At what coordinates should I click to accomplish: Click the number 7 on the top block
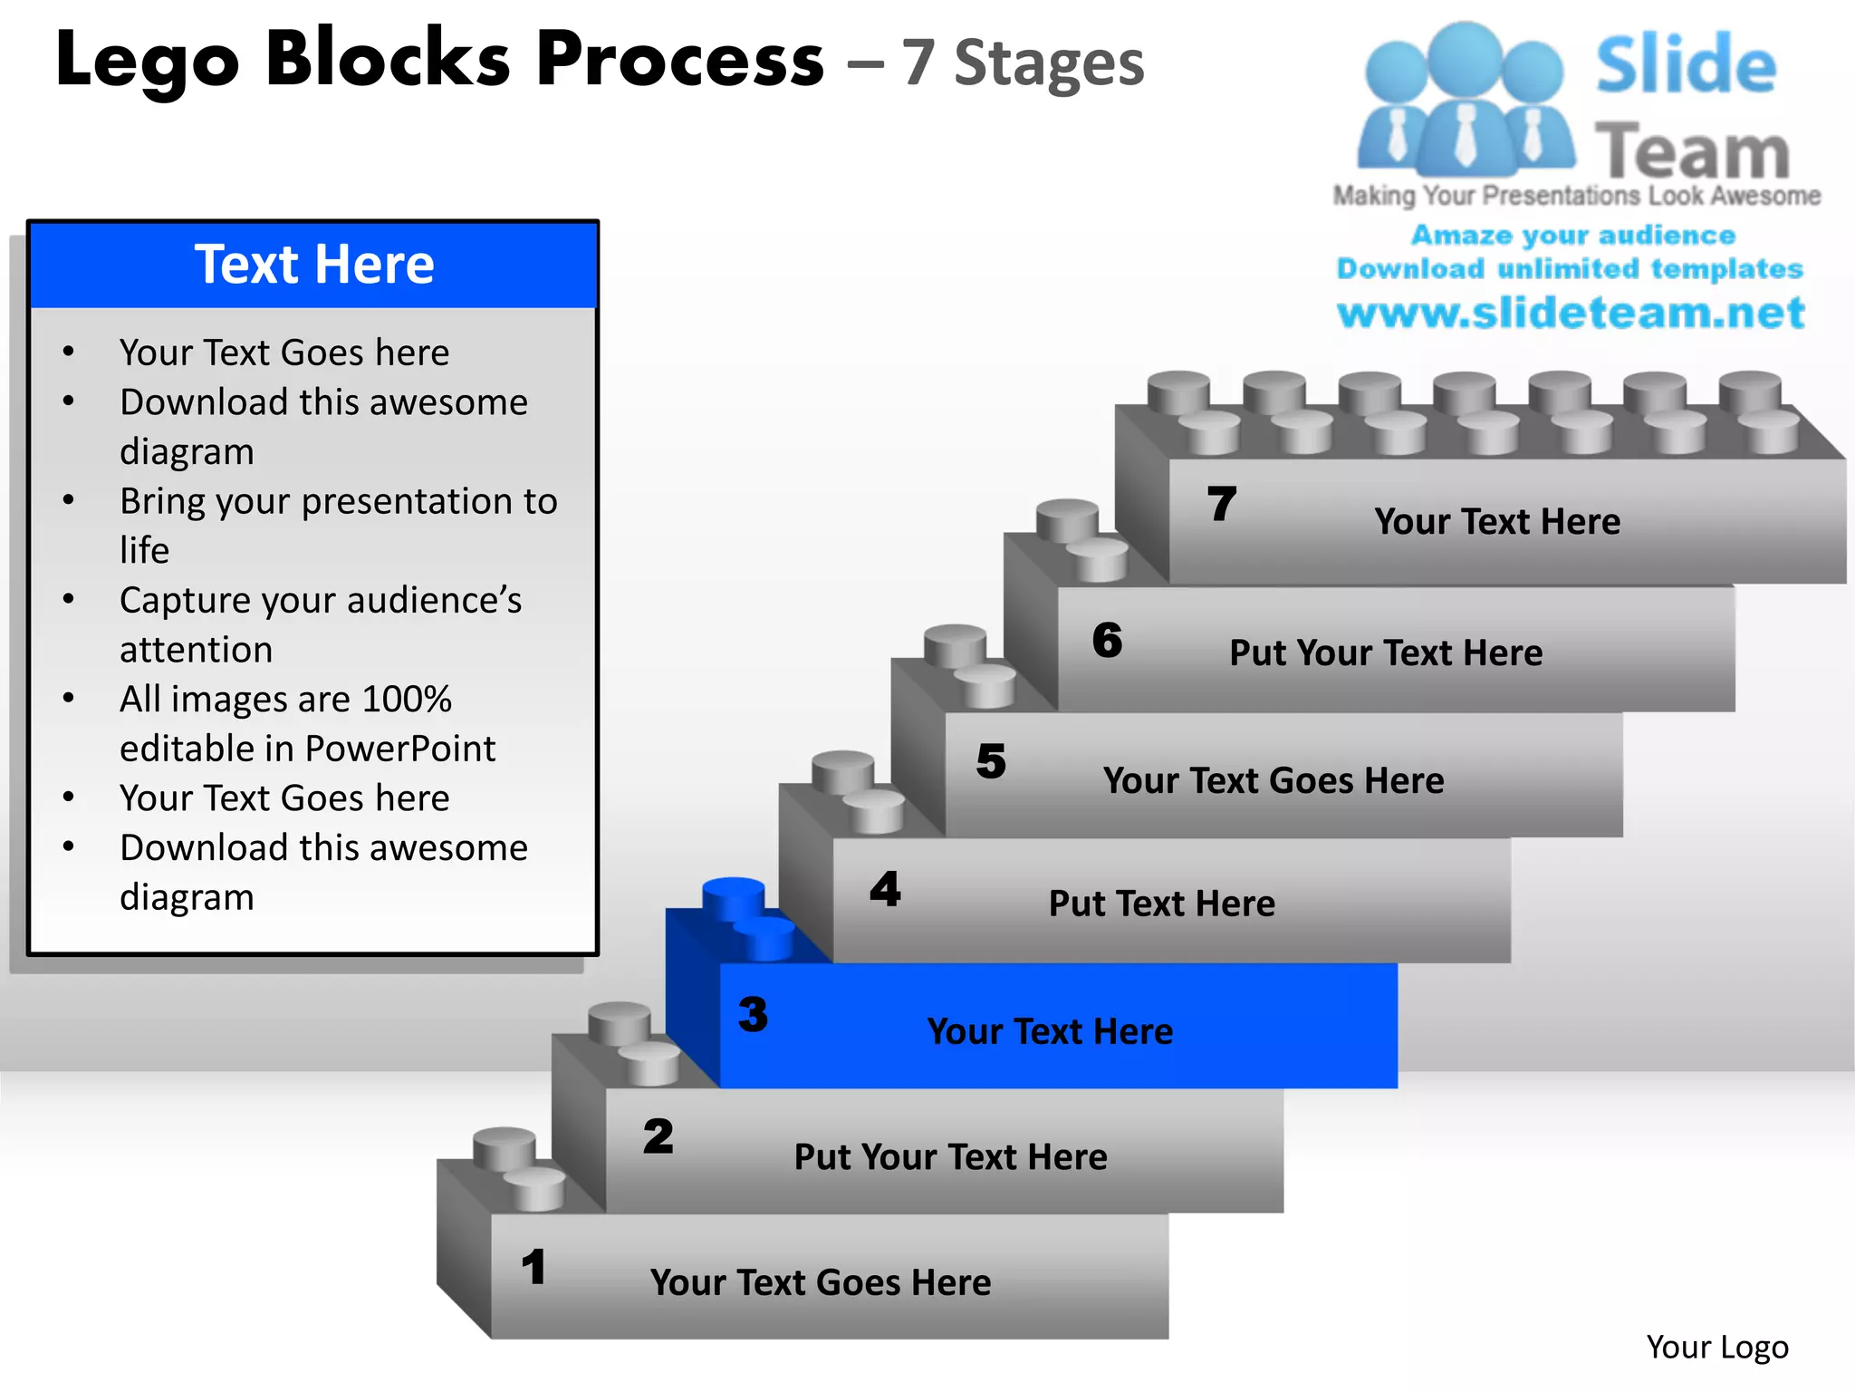[x=1221, y=504]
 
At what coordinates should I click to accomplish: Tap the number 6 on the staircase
[x=1107, y=640]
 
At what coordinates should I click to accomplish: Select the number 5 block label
[x=991, y=761]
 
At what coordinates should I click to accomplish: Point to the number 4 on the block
[x=885, y=889]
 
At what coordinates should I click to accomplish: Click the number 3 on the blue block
[x=753, y=1014]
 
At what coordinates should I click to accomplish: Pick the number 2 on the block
[x=658, y=1136]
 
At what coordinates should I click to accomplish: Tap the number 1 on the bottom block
[x=534, y=1267]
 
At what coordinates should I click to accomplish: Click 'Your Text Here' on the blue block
[x=1050, y=1031]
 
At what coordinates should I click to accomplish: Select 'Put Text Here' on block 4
[x=1161, y=904]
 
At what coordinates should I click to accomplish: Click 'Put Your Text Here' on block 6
[x=1385, y=652]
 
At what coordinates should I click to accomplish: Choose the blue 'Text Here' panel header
[x=313, y=265]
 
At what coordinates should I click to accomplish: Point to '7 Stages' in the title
[x=1023, y=63]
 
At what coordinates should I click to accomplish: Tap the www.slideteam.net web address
[x=1571, y=313]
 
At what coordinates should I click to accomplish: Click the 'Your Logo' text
[x=1716, y=1347]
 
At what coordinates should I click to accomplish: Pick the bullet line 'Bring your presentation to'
[x=338, y=501]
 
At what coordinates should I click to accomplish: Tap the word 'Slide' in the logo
[x=1686, y=65]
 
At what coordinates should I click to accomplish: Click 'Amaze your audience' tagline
[x=1572, y=235]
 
